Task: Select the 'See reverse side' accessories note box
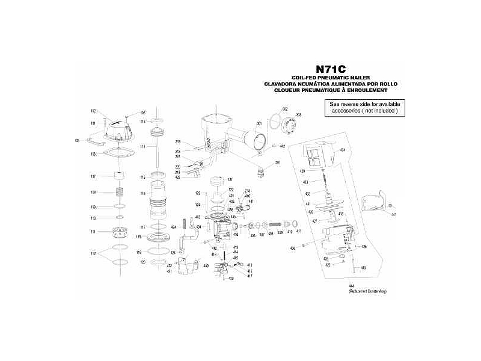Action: tap(365, 108)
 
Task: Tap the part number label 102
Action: tap(93, 111)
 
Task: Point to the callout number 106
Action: tap(93, 154)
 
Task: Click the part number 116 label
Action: tap(143, 193)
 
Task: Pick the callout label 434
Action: tap(342, 149)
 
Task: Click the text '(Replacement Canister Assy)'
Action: tap(367, 291)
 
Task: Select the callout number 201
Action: tap(278, 164)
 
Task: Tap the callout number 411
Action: tap(298, 231)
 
